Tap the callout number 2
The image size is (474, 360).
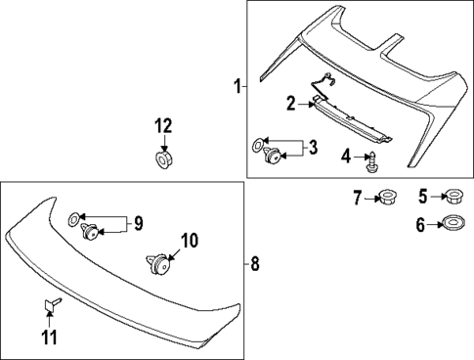[290, 103]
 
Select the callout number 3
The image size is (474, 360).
[312, 149]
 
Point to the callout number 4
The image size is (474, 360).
[345, 156]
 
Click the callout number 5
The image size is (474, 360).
[423, 197]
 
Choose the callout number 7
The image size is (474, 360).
[357, 199]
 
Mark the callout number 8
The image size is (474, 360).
[255, 262]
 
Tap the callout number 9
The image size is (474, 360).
[137, 224]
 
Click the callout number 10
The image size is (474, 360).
[190, 240]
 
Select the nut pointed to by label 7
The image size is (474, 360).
[385, 199]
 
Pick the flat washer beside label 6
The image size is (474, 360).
[453, 224]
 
